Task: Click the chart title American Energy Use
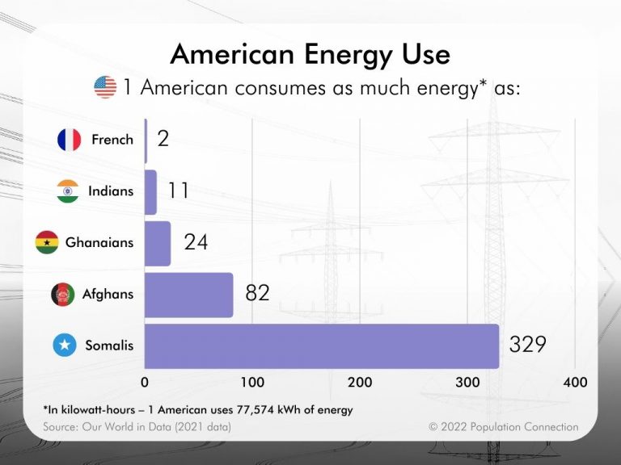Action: coord(310,55)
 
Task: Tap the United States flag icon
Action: coord(105,87)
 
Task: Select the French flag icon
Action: coord(70,140)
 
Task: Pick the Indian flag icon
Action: coord(68,191)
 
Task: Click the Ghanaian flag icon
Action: coord(47,242)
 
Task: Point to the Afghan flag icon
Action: coord(63,294)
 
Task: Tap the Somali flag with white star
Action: coord(65,346)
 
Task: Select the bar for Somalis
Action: coord(322,346)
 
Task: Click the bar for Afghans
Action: coord(188,295)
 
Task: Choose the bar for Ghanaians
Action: coord(158,243)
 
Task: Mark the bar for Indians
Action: coord(150,192)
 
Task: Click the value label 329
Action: coord(528,345)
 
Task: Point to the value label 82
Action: coord(257,293)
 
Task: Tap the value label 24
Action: coord(196,241)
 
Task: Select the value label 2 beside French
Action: coord(163,139)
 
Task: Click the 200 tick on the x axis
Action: coord(360,382)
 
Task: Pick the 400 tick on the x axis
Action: coord(576,382)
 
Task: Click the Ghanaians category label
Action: coord(99,242)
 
